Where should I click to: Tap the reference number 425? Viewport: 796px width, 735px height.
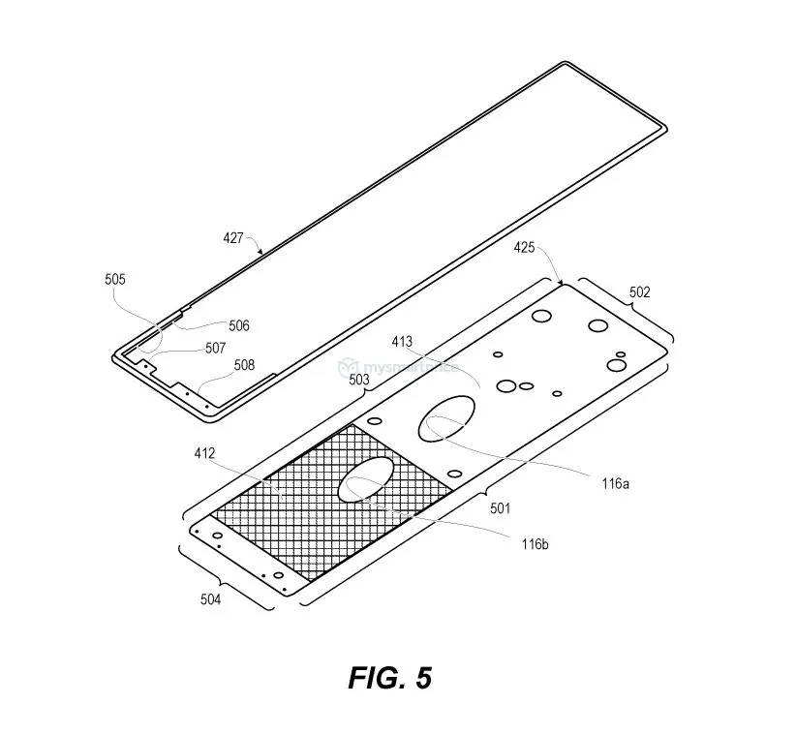pyautogui.click(x=525, y=248)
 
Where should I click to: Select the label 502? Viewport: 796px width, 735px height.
pyautogui.click(x=640, y=291)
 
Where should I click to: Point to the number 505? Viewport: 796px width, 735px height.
pyautogui.click(x=115, y=279)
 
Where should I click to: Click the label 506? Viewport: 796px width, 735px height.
pyautogui.click(x=239, y=325)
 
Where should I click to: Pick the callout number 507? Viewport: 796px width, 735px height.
pyautogui.click(x=215, y=348)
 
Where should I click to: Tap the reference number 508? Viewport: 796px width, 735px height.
pyautogui.click(x=244, y=365)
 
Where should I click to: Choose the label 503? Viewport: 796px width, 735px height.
pyautogui.click(x=358, y=381)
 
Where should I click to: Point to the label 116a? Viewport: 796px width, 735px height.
pyautogui.click(x=615, y=481)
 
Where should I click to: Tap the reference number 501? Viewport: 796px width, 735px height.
pyautogui.click(x=500, y=507)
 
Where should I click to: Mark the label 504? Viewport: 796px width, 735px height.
pyautogui.click(x=210, y=599)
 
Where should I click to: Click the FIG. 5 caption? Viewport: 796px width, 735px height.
pyautogui.click(x=390, y=677)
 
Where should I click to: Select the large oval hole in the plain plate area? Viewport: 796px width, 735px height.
pyautogui.click(x=448, y=417)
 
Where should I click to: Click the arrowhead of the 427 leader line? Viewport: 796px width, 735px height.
pyautogui.click(x=262, y=254)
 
